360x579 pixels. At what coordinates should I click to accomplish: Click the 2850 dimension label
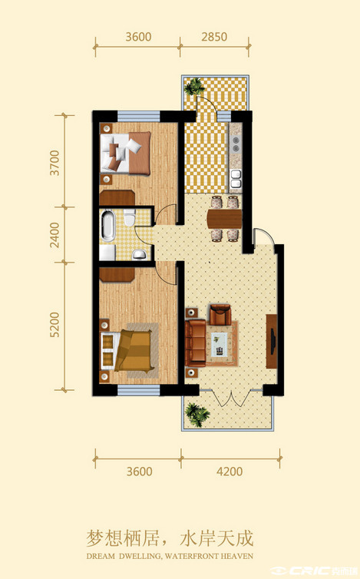(214, 37)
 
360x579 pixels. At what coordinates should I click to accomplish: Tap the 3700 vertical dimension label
(54, 163)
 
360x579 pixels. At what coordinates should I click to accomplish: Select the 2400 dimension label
(54, 235)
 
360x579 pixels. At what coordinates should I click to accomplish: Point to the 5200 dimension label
(54, 325)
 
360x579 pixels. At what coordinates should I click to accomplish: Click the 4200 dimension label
(230, 471)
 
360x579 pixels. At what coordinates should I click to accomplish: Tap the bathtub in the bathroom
(108, 226)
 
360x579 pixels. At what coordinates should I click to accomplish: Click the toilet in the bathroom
(129, 217)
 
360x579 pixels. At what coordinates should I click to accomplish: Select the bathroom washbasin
(139, 253)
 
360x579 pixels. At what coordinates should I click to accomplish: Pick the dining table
(224, 219)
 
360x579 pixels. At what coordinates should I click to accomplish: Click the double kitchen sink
(235, 178)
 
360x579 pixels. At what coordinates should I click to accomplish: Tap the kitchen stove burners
(235, 144)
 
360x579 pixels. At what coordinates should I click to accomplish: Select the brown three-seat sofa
(195, 343)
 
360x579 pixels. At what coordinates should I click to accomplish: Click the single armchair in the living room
(220, 314)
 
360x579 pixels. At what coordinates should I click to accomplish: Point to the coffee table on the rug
(220, 345)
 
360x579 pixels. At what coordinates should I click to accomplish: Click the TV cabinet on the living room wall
(272, 341)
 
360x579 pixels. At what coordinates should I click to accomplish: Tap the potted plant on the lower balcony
(197, 415)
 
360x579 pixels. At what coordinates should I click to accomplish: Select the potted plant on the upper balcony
(194, 87)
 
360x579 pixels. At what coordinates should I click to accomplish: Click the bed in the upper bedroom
(126, 153)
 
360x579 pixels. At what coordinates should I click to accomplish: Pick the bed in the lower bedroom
(127, 350)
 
